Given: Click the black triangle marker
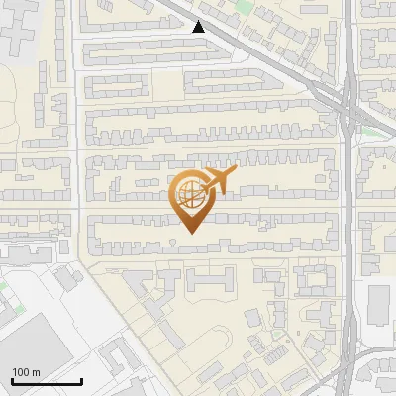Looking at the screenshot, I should (199, 27).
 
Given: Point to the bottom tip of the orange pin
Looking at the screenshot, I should (189, 232).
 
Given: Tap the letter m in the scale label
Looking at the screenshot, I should (37, 372).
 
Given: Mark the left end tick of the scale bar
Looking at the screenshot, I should (12, 381).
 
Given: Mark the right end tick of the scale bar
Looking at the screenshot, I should (81, 381).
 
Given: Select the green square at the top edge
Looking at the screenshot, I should (240, 4).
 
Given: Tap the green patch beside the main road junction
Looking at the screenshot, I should (371, 131).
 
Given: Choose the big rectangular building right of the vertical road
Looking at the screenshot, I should (380, 305).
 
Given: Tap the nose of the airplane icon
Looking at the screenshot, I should (236, 171).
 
